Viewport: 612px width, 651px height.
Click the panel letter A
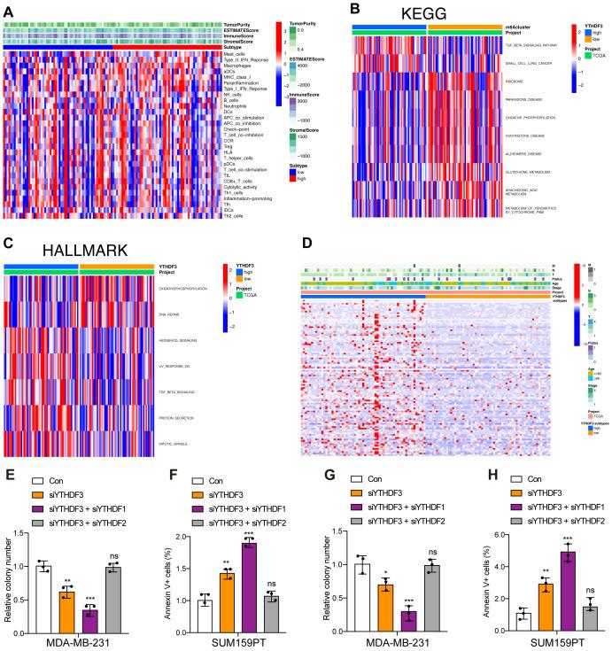(8, 7)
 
